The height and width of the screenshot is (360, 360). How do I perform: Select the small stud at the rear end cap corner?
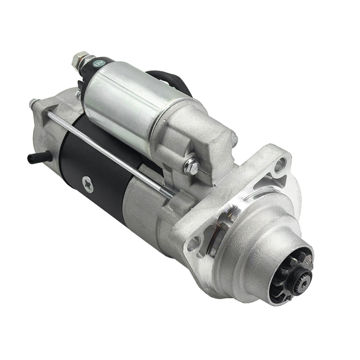tap(32, 103)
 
